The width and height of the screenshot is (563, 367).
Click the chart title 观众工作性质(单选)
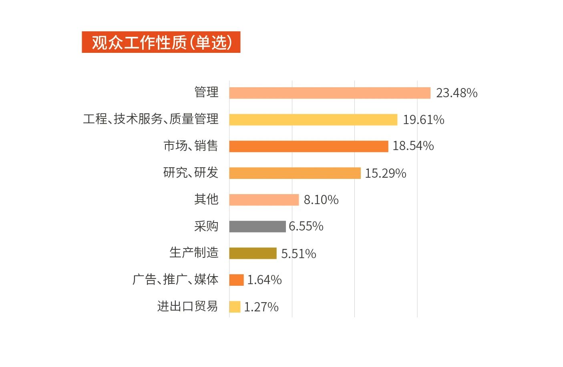tap(161, 42)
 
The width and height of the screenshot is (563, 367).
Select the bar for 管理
tap(330, 93)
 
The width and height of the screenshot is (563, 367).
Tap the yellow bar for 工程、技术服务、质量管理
tap(313, 120)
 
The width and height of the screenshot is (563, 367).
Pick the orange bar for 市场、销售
tap(308, 146)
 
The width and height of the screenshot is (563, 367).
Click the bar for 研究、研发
tap(295, 173)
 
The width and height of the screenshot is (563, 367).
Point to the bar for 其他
tap(264, 200)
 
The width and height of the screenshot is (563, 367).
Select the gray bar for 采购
tap(257, 227)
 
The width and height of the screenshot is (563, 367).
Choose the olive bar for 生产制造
tap(253, 253)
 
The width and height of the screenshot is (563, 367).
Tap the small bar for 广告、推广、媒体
tap(236, 280)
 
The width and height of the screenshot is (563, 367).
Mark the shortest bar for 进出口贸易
tap(235, 307)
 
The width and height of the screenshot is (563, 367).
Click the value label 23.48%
tap(456, 93)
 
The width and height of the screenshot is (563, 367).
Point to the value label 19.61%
tap(423, 120)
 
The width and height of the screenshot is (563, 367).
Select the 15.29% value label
tap(385, 173)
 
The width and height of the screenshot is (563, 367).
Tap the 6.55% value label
tap(306, 227)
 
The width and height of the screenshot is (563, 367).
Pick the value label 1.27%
tap(261, 307)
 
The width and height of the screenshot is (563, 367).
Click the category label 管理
tap(206, 92)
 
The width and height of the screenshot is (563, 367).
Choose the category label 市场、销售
tap(191, 146)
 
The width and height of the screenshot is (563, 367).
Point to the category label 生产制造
tap(194, 253)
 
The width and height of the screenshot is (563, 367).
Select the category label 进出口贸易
tap(187, 306)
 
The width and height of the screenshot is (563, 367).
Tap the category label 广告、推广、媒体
tap(175, 279)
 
